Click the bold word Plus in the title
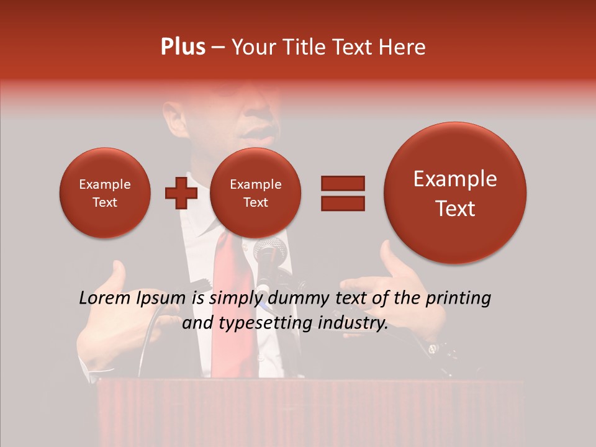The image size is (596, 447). [183, 47]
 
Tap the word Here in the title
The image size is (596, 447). [403, 47]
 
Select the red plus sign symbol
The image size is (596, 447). [181, 193]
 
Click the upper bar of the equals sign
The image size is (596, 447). [342, 183]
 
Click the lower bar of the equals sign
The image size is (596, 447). [342, 203]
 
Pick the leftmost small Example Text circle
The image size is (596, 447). [104, 193]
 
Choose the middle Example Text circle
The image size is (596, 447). [255, 193]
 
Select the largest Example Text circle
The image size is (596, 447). [455, 193]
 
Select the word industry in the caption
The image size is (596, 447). [354, 323]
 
